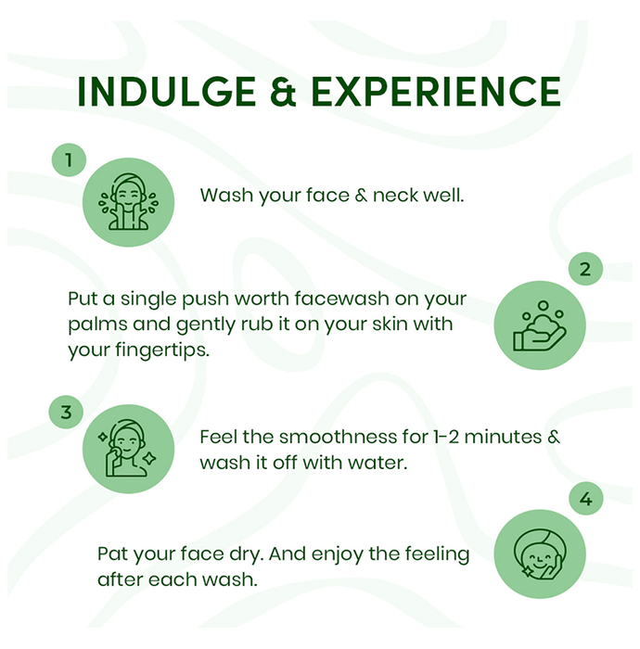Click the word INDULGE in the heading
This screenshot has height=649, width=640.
(x=166, y=92)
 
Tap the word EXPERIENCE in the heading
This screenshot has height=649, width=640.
(x=436, y=92)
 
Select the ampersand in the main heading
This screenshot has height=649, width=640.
(x=284, y=92)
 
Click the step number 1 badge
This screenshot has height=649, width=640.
(x=69, y=159)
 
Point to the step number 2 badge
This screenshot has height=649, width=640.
(x=585, y=269)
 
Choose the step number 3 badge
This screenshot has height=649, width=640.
(x=66, y=412)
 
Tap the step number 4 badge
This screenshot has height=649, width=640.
(x=585, y=499)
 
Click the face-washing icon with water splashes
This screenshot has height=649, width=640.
(x=128, y=202)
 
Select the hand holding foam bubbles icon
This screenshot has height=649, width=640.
(x=540, y=325)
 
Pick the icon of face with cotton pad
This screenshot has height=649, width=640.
(x=128, y=449)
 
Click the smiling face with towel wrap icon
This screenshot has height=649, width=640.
(x=540, y=554)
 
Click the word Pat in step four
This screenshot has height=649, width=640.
(x=113, y=554)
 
